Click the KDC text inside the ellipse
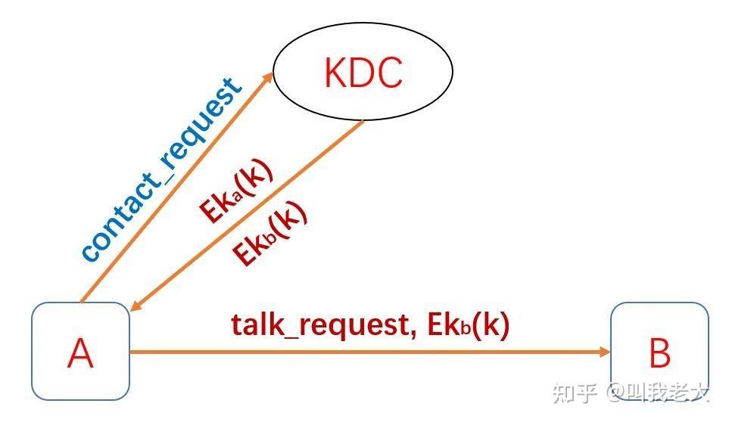pyautogui.click(x=363, y=73)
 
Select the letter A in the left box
pyautogui.click(x=80, y=353)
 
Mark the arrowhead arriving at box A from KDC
pyautogui.click(x=134, y=306)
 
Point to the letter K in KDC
pyautogui.click(x=335, y=73)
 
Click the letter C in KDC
pyautogui.click(x=391, y=73)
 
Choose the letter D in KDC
pyautogui.click(x=362, y=73)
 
